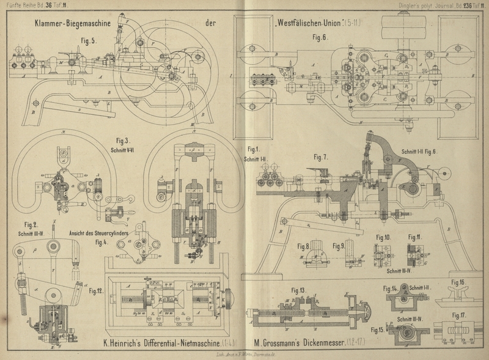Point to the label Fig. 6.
[320, 37]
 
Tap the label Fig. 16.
[458, 282]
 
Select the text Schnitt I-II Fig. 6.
[428, 151]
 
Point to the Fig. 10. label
[383, 237]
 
